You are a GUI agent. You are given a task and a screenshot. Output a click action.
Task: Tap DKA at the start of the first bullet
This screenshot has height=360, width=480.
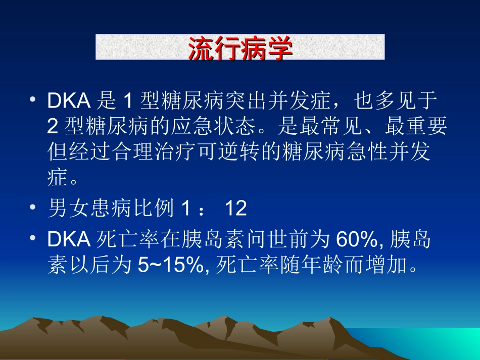click(69, 101)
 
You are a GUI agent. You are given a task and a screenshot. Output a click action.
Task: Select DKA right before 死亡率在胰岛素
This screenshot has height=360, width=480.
click(69, 240)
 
